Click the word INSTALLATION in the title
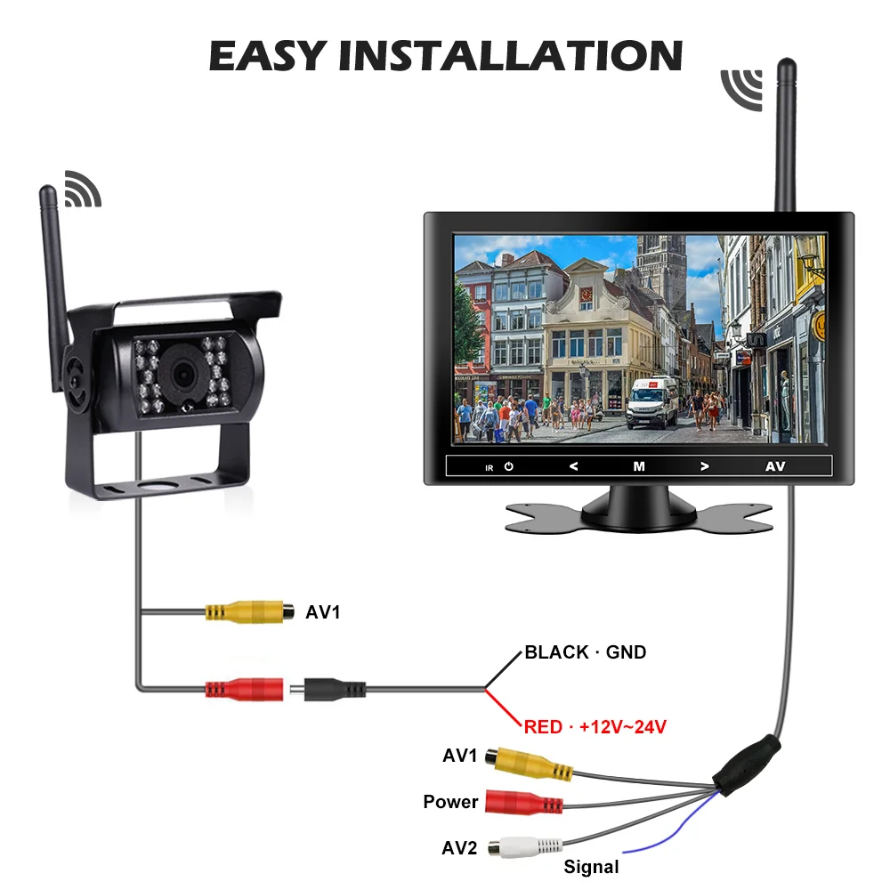click(510, 55)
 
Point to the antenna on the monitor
click(786, 133)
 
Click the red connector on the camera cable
click(245, 688)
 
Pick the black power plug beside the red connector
click(335, 688)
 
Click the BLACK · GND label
click(585, 652)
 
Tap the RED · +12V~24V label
click(595, 727)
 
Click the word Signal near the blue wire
click(591, 866)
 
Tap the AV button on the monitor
click(775, 465)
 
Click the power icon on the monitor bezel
click(508, 466)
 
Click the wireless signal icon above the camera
click(82, 188)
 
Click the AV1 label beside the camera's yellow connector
click(323, 612)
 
